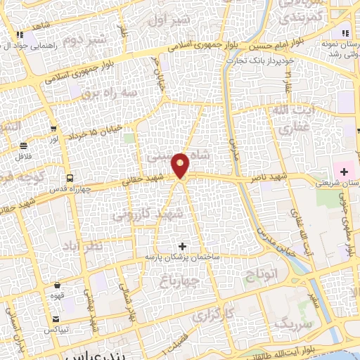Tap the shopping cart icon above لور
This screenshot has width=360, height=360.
point(53,128)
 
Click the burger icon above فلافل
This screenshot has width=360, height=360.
point(24,146)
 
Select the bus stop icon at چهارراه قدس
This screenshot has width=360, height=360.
point(69,177)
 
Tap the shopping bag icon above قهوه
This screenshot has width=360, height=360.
point(57,285)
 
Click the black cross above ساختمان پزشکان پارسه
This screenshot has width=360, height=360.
point(183,246)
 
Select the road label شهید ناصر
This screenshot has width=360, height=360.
point(269,179)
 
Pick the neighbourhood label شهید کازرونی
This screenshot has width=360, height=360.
point(181,212)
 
